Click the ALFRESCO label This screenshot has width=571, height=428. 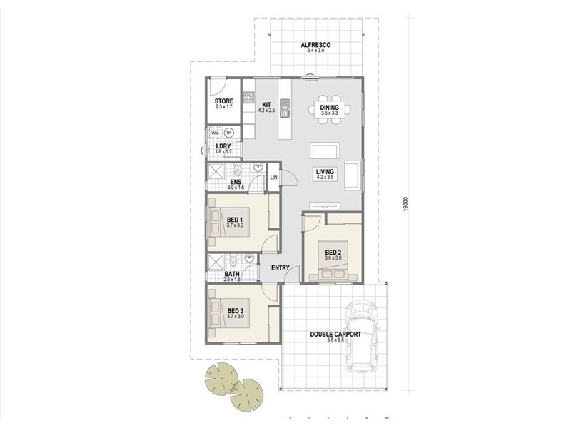(x=315, y=44)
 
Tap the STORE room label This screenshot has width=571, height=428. (x=224, y=102)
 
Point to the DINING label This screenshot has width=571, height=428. (x=329, y=106)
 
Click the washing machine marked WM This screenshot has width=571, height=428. (x=215, y=133)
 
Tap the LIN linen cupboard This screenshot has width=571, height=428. (x=273, y=178)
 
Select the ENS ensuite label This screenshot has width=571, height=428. (x=236, y=183)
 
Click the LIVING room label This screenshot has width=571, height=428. (x=325, y=171)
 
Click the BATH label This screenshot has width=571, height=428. (x=232, y=273)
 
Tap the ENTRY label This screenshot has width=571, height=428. (x=280, y=267)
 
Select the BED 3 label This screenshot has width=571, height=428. (x=236, y=311)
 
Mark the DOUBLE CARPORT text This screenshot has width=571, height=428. (x=335, y=334)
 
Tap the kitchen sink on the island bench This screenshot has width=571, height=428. (x=285, y=111)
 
